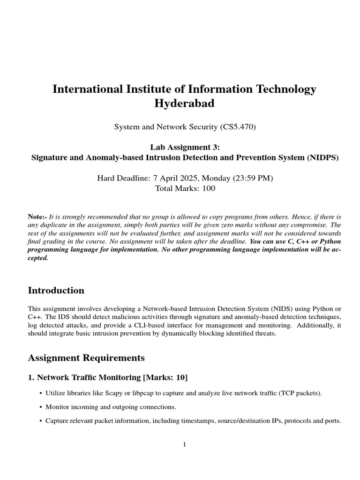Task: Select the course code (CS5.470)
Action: point(238,126)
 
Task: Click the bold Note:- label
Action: point(37,217)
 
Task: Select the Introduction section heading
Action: point(56,291)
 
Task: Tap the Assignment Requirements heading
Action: point(86,358)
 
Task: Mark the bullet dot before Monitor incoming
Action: point(41,407)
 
